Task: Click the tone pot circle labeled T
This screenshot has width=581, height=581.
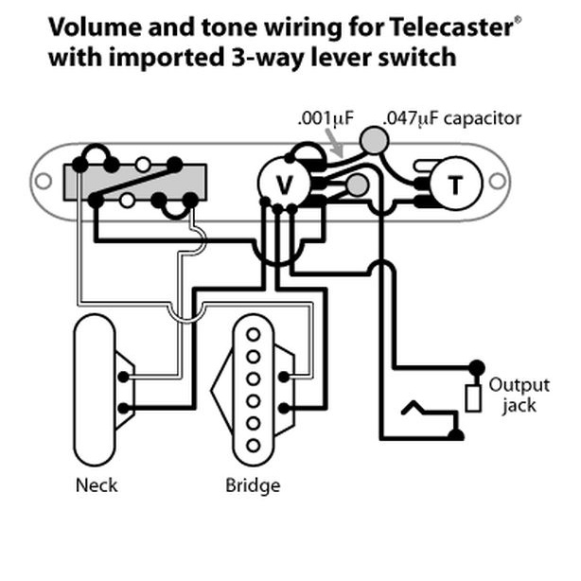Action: [455, 184]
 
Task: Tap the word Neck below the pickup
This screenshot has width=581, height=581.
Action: [97, 485]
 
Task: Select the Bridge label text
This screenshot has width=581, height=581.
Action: [253, 485]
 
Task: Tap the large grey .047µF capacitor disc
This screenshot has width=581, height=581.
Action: [374, 142]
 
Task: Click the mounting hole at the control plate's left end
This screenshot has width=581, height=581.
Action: [44, 180]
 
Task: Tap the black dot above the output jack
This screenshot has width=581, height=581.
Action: [475, 367]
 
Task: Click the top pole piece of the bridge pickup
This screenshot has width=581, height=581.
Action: [253, 335]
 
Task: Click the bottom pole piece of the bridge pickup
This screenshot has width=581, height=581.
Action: [253, 445]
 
